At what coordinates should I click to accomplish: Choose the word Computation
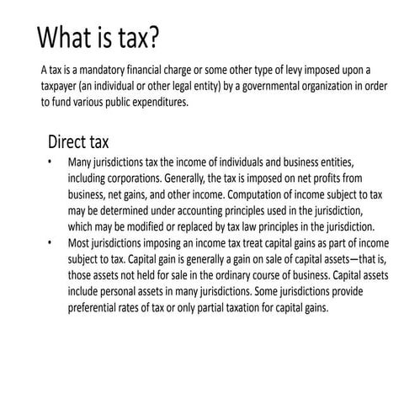coord(258,194)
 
